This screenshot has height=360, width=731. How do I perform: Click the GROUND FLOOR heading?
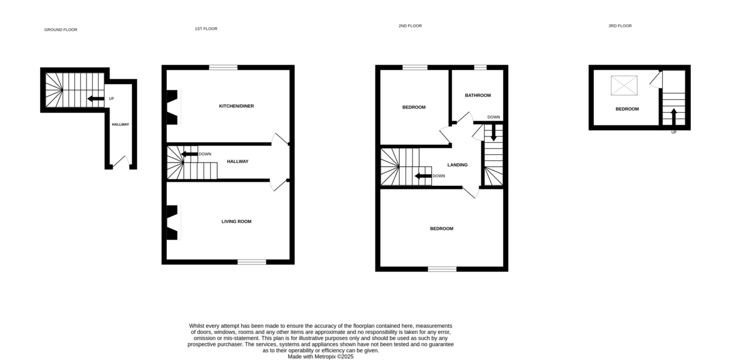[61, 30]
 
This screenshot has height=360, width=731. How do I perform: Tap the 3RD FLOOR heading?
[620, 26]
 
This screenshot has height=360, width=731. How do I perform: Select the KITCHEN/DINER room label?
[236, 106]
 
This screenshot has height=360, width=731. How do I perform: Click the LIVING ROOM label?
[236, 222]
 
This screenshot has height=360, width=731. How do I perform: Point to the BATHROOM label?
[478, 95]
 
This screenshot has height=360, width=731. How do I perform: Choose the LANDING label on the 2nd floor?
[457, 165]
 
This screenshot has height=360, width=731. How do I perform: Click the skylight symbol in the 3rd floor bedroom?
[624, 85]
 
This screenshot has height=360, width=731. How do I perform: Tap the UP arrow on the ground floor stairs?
[96, 99]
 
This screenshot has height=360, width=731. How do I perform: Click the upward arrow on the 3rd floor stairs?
[674, 117]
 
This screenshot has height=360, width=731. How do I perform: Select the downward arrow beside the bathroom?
[493, 133]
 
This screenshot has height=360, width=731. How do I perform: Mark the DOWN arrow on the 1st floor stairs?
[189, 154]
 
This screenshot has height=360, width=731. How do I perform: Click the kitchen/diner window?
[223, 68]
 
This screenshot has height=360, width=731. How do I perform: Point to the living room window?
[252, 262]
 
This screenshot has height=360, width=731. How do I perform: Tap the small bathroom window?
[480, 68]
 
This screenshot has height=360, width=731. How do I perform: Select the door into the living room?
[278, 185]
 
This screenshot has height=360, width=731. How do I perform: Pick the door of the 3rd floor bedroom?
[656, 80]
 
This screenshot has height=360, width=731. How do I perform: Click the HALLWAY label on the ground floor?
[121, 124]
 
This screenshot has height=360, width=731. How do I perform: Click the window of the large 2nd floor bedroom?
[442, 269]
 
